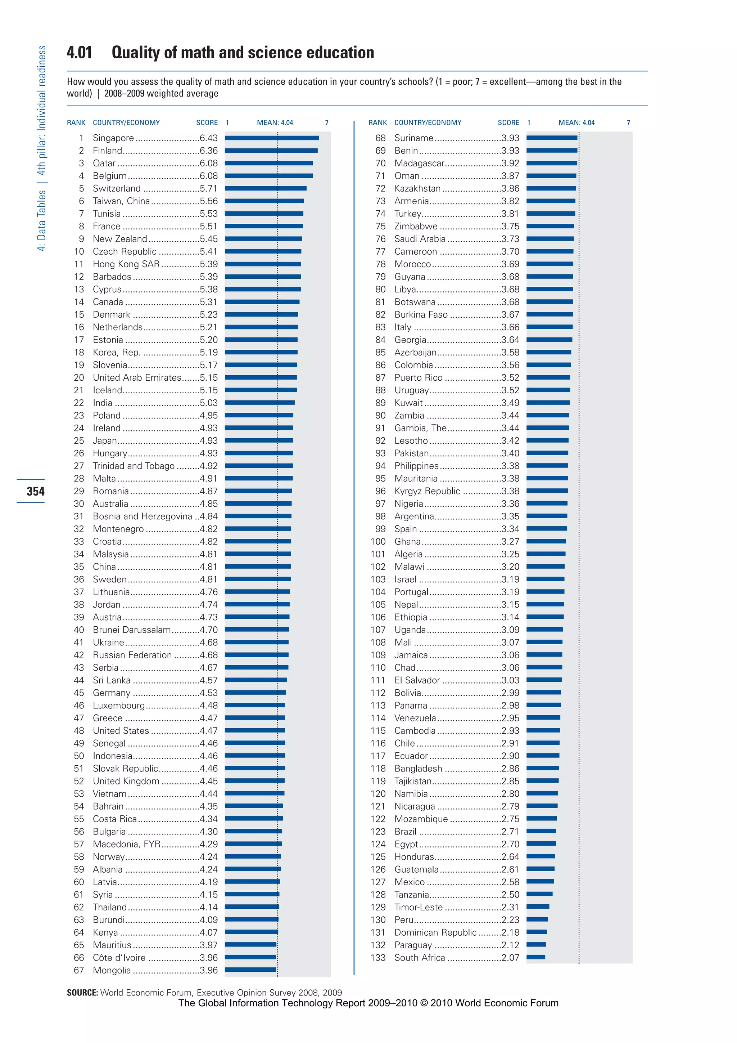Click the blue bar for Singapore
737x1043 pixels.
[271, 138]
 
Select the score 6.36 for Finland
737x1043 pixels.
[208, 150]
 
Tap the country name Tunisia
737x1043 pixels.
[107, 214]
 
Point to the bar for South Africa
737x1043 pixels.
[535, 957]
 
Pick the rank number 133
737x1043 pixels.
[377, 958]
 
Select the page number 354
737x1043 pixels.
[35, 491]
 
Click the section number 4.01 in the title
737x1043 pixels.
[80, 53]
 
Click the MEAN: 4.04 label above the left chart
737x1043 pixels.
[275, 123]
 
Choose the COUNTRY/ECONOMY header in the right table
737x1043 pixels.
[428, 123]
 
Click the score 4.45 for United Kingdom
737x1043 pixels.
[208, 781]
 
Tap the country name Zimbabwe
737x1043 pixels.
[416, 226]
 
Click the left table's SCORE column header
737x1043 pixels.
[207, 123]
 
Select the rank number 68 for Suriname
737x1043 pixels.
[380, 138]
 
